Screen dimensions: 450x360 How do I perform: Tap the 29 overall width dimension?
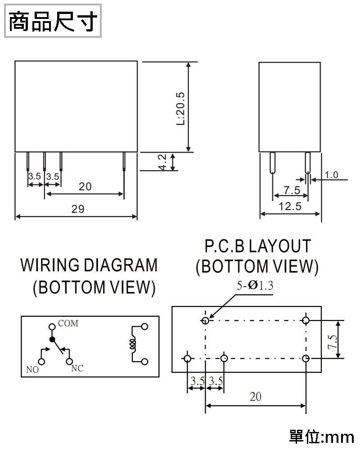click(77, 209)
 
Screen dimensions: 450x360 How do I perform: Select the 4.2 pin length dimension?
click(162, 162)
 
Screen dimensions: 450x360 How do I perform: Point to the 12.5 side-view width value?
click(290, 207)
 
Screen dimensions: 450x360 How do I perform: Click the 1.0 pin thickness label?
click(331, 175)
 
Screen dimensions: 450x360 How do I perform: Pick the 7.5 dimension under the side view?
click(292, 190)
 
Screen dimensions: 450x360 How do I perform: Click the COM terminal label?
click(68, 324)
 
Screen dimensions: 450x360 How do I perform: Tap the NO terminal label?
click(32, 370)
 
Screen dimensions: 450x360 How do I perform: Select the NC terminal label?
click(77, 369)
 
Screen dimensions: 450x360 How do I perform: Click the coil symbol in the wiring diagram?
click(133, 344)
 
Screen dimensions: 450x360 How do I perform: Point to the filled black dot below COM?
click(52, 339)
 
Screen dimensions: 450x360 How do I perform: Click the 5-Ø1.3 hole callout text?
click(255, 285)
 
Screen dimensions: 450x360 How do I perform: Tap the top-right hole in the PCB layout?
click(306, 320)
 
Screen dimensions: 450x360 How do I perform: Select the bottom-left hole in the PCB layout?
click(187, 358)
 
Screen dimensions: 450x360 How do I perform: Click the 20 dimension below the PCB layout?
click(255, 397)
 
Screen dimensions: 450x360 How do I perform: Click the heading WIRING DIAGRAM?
click(89, 265)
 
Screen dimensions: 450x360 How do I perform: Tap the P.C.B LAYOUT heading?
click(257, 246)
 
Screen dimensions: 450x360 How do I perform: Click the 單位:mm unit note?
click(321, 436)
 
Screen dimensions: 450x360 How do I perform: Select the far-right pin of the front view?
click(124, 162)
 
